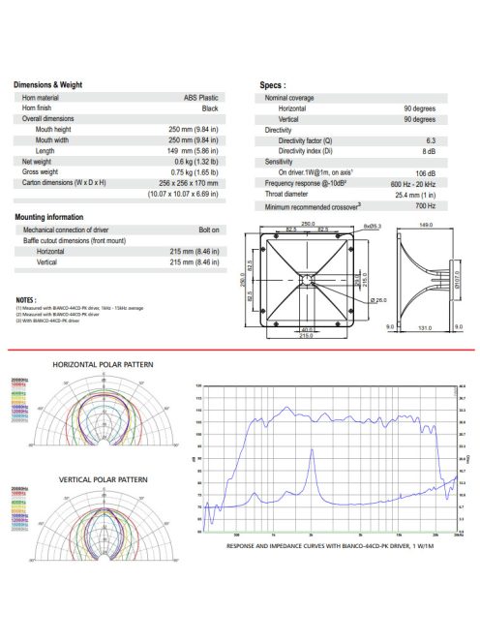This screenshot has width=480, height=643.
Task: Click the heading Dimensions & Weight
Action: (x=48, y=85)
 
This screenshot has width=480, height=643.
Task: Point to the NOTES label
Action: (x=26, y=300)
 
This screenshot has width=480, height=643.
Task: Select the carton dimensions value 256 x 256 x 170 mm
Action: (x=192, y=182)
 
